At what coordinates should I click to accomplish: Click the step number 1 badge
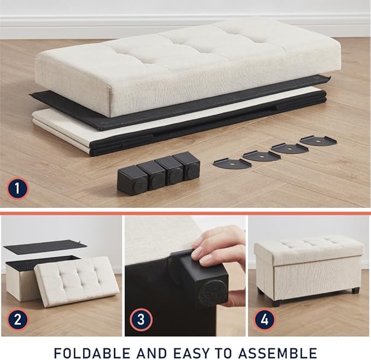[x=17, y=189]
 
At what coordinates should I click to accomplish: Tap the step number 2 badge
[x=17, y=320]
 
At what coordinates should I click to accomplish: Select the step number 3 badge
[x=141, y=320]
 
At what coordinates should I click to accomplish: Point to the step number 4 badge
[x=265, y=320]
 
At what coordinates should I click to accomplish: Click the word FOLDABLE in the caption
[x=92, y=353]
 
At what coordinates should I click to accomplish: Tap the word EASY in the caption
[x=192, y=353]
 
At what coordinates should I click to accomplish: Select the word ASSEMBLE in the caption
[x=278, y=353]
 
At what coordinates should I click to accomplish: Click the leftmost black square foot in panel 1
[x=132, y=180]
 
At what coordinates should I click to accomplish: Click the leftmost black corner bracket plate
[x=232, y=164]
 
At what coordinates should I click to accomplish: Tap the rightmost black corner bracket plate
[x=319, y=141]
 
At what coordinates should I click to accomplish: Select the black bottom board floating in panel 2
[x=43, y=249]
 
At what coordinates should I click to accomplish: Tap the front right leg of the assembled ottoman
[x=355, y=290]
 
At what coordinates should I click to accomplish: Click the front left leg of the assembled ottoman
[x=275, y=303]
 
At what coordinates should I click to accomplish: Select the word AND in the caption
[x=152, y=353]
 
